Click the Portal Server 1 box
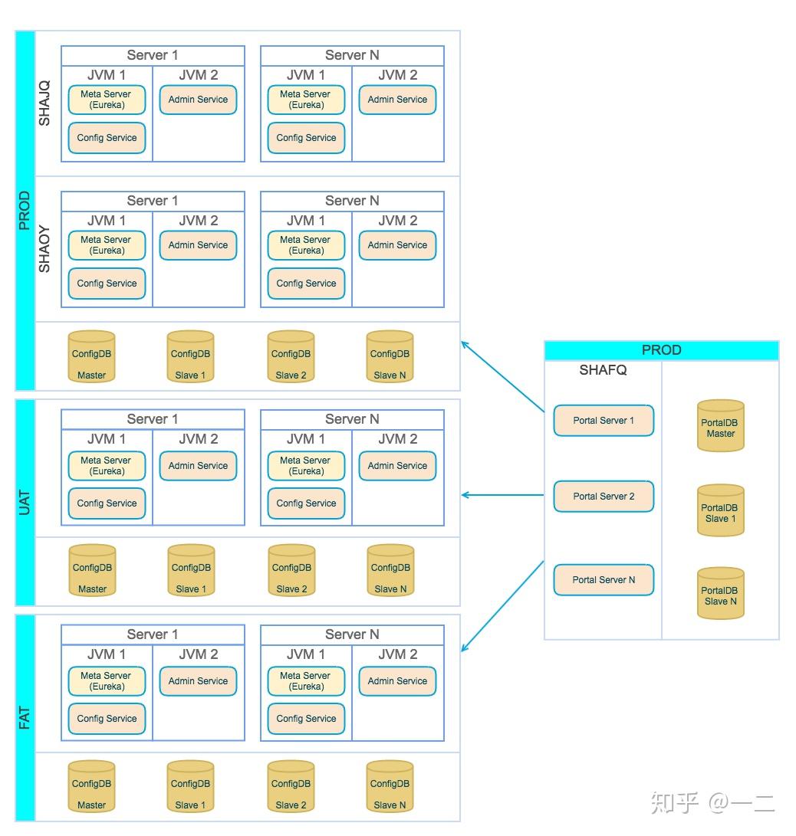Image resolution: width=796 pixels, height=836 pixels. (x=604, y=421)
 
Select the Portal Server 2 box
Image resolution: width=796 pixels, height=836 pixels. (x=604, y=497)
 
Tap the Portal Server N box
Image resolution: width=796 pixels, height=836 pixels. (x=604, y=580)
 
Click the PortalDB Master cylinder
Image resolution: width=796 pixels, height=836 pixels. (x=721, y=426)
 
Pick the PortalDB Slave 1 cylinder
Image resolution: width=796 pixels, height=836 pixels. (x=721, y=511)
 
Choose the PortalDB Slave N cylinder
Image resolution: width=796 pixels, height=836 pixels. (x=721, y=594)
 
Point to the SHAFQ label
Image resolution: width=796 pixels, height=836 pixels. (x=603, y=370)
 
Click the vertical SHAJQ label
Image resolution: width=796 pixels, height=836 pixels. (x=44, y=103)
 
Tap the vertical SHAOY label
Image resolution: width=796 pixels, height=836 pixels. (x=44, y=249)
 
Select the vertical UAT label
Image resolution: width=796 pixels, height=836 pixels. (x=25, y=502)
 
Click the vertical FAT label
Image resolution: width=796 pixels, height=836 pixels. (x=25, y=718)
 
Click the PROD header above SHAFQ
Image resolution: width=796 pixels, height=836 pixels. (x=661, y=350)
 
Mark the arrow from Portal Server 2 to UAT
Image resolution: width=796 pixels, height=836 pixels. (x=503, y=496)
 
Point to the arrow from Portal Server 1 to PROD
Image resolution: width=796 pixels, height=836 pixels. (x=503, y=377)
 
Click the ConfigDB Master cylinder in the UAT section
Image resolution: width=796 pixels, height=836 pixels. (x=92, y=571)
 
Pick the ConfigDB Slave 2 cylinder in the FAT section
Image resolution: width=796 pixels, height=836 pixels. (x=291, y=787)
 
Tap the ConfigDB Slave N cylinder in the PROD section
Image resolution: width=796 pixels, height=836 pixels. (x=390, y=357)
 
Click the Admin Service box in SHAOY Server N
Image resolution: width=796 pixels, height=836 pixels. (x=397, y=245)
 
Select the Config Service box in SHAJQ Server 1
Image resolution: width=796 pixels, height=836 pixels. (x=107, y=138)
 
